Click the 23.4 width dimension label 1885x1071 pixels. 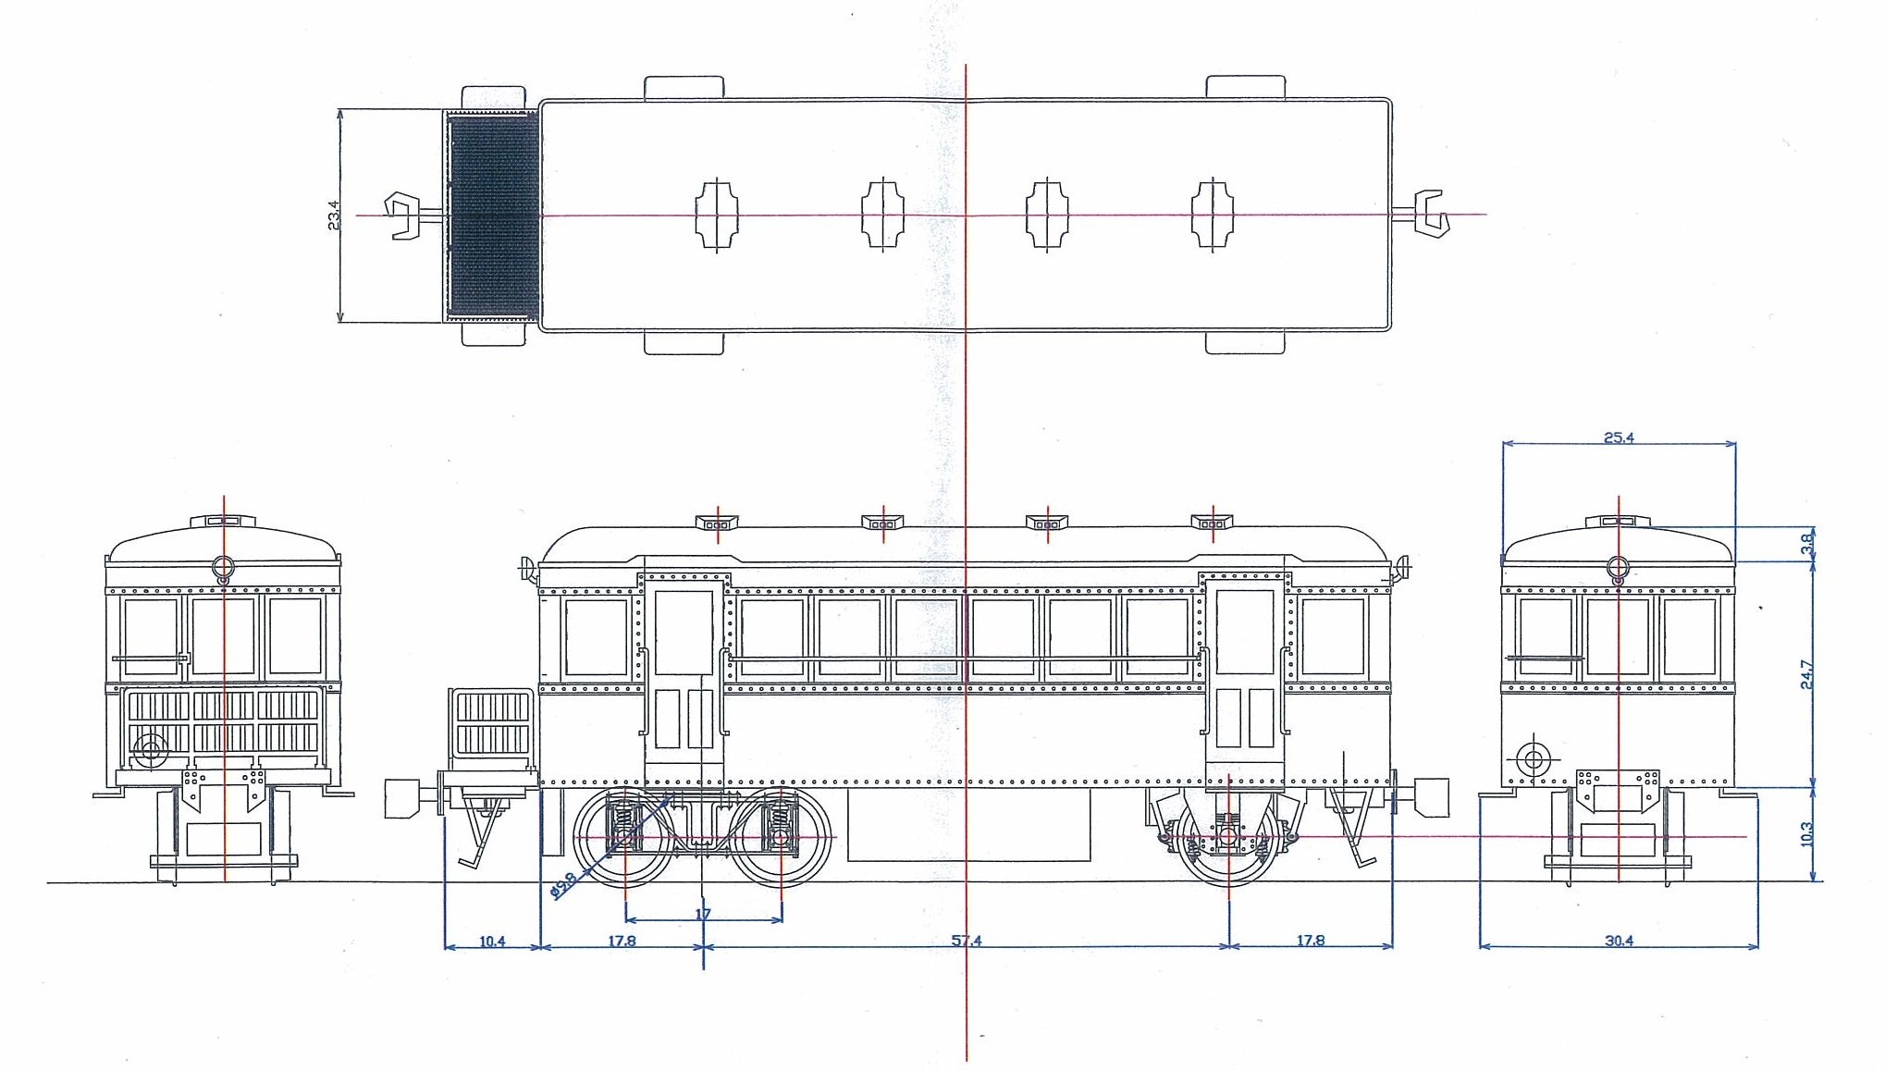point(334,215)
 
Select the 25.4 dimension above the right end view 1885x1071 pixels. point(1619,437)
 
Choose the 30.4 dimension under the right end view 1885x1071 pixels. point(1619,941)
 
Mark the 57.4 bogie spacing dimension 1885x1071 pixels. point(967,941)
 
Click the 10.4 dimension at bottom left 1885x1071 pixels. point(492,941)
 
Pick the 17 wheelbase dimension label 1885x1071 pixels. point(703,914)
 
